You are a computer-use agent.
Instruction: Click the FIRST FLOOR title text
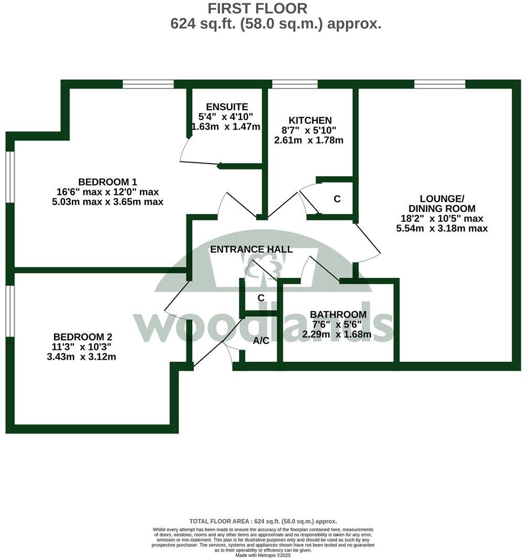[x=257, y=8]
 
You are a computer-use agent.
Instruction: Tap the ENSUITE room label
[x=226, y=107]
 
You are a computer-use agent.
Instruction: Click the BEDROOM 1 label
[x=107, y=182]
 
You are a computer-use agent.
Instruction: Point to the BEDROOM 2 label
[x=83, y=337]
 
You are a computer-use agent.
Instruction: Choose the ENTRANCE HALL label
[x=251, y=250]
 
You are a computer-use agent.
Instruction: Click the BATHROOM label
[x=338, y=315]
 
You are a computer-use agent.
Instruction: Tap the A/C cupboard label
[x=261, y=341]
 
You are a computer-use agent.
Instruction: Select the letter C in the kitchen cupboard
[x=337, y=199]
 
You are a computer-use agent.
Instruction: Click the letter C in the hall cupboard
[x=260, y=298]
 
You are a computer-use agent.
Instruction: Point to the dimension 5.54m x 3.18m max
[x=442, y=229]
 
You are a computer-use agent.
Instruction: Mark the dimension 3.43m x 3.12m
[x=81, y=357]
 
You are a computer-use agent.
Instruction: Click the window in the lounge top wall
[x=439, y=84]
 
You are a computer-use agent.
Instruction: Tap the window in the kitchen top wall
[x=295, y=84]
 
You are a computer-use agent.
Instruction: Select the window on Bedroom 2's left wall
[x=10, y=310]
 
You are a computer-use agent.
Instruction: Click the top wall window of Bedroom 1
[x=148, y=84]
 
